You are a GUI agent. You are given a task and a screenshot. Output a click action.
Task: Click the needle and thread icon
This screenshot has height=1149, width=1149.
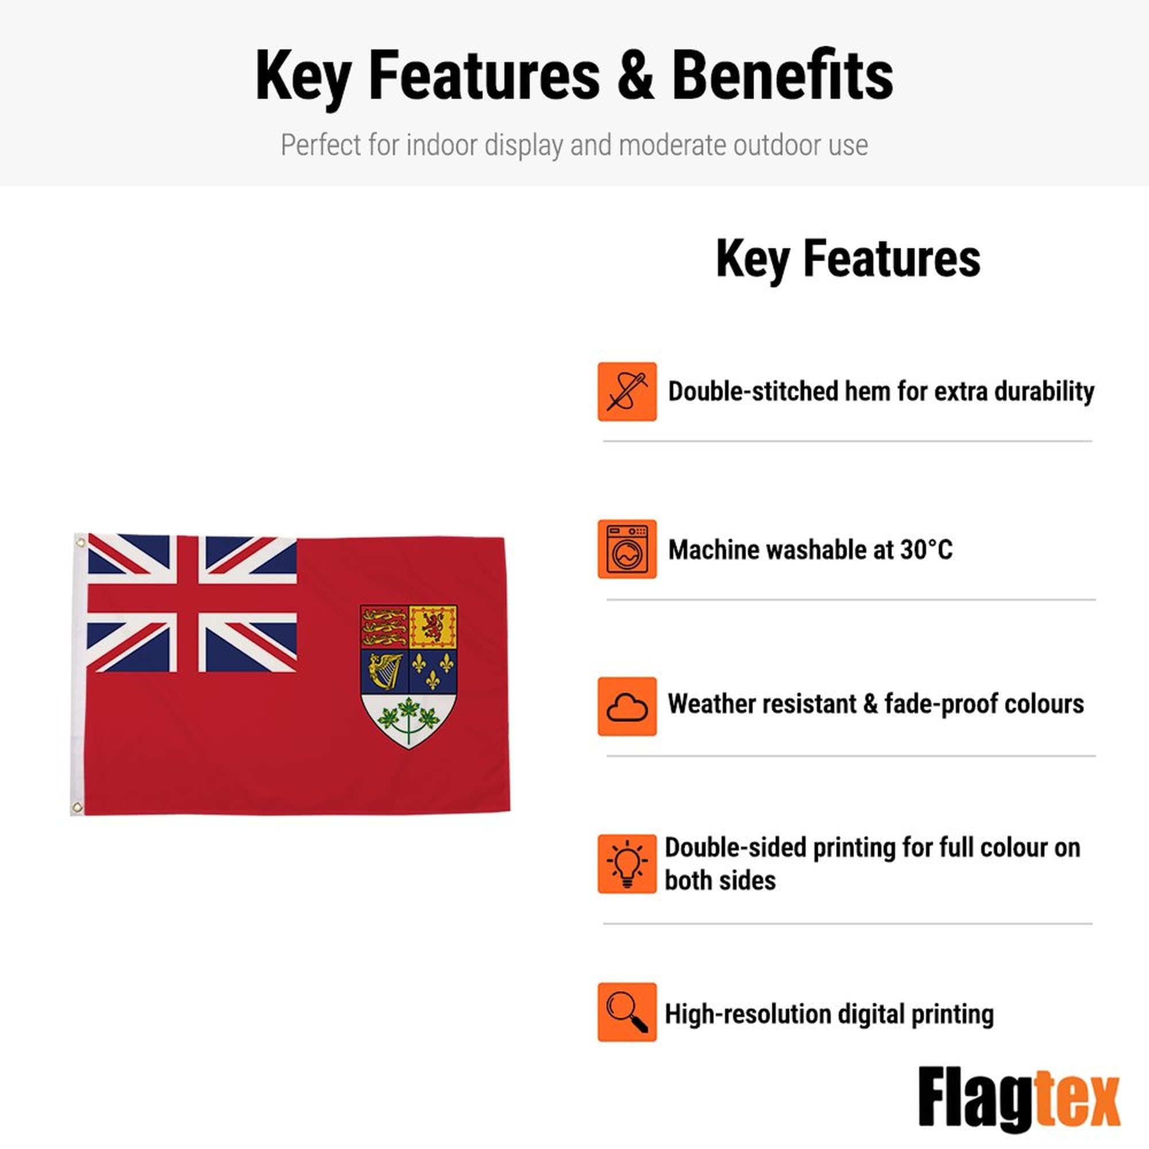point(627,391)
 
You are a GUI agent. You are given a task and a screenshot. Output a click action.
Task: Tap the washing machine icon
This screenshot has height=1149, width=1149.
point(627,549)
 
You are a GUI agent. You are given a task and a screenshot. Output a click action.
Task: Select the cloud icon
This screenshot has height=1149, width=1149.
point(627,706)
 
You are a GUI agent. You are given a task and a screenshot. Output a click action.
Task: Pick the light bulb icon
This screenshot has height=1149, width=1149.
point(627,863)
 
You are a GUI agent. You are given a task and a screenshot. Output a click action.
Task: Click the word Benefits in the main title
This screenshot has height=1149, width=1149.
point(782,75)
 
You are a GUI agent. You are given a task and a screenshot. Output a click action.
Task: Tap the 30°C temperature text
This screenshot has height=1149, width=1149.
point(926,550)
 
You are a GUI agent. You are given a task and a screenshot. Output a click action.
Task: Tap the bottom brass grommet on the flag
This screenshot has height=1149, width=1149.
point(77,807)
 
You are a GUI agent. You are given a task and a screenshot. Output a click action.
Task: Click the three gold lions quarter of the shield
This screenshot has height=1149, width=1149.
point(384,627)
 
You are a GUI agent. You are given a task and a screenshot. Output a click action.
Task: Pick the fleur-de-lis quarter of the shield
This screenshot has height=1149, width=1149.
point(433,671)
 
